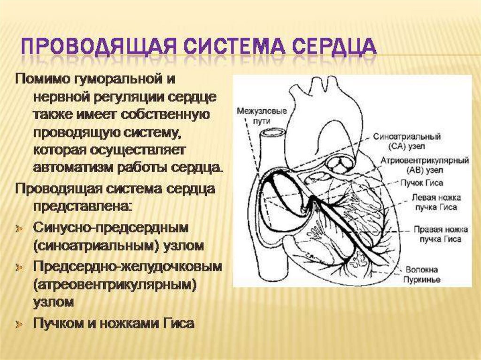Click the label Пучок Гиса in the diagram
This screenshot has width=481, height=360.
422,183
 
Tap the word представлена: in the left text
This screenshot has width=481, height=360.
83,206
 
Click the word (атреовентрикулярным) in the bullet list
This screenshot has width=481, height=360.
114,285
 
